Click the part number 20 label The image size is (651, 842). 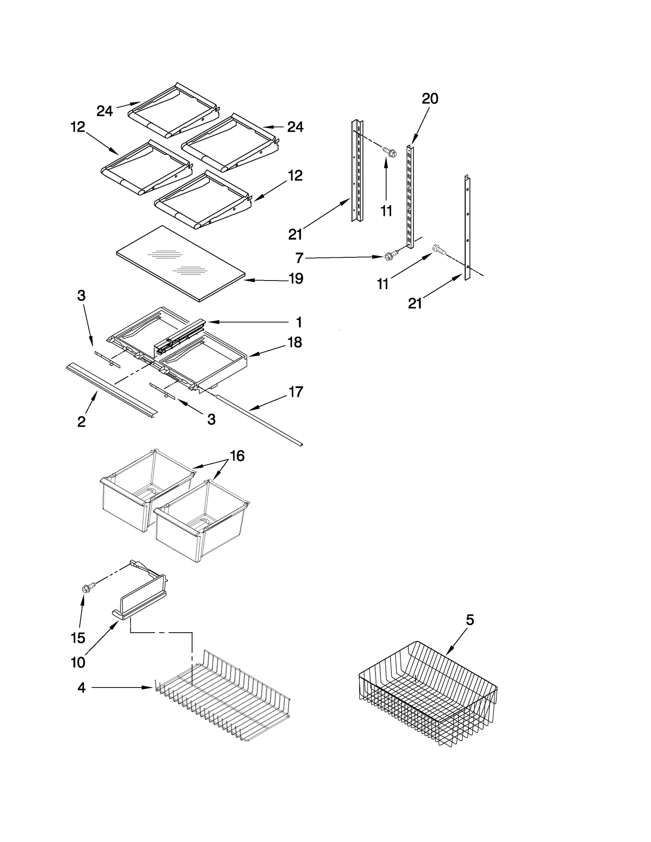coord(430,99)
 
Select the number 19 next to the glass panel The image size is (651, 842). coord(296,279)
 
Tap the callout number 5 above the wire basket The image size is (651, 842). coord(470,620)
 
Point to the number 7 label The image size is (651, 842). coord(299,258)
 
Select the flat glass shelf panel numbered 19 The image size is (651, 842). coord(181,263)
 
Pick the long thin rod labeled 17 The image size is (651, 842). coord(260,420)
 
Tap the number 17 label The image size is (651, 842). coord(296,392)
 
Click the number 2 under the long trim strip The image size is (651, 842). coord(81,422)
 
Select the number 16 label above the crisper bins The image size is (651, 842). coord(237,456)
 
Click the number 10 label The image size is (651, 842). coord(78,662)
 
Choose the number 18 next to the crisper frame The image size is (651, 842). coord(295,343)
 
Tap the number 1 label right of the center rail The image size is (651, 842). coord(299,322)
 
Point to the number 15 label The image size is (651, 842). coord(78,638)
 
